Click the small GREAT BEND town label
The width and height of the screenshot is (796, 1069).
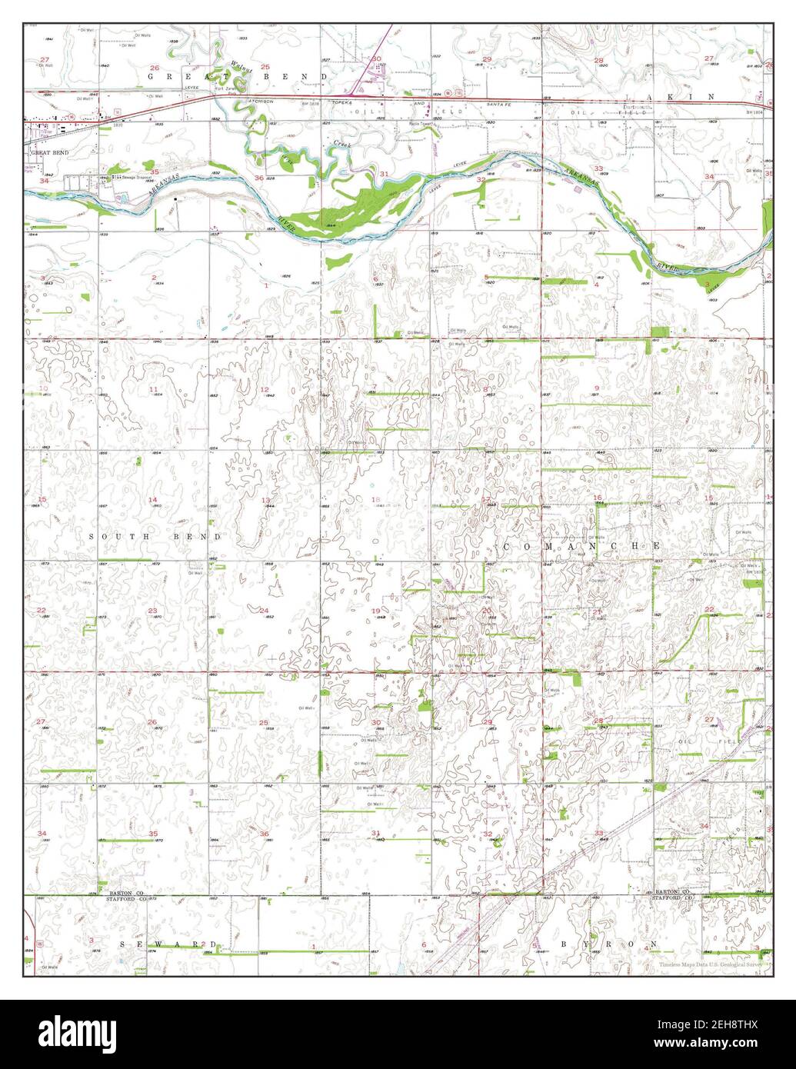click(49, 153)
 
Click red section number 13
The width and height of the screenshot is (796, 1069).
click(265, 501)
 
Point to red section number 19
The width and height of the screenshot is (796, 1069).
click(375, 611)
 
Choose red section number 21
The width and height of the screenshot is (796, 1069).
click(597, 611)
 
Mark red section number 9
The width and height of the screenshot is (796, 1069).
click(597, 388)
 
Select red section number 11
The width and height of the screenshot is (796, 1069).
click(153, 389)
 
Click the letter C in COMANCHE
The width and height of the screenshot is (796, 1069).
click(509, 545)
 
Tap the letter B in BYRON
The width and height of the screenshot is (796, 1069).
click(564, 943)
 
